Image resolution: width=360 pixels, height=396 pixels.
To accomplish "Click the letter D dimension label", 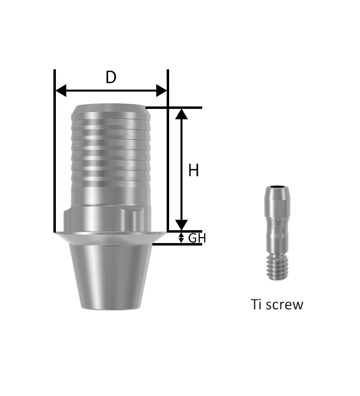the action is coord(111,77).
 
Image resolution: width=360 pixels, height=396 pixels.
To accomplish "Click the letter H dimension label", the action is coord(194,170).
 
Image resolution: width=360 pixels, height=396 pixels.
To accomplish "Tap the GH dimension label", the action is coord(197,238).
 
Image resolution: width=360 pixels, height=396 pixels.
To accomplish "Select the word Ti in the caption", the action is coord(257,304).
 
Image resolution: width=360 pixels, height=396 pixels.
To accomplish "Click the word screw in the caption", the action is coord(284,305).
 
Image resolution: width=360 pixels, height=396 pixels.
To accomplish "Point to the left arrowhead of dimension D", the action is coord(61,91).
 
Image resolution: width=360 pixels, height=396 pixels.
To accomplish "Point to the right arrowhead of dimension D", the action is coord(162,91).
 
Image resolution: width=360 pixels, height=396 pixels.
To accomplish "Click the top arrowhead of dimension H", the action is coord(181,114).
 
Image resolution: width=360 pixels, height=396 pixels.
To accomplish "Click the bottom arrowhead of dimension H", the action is coord(181,225).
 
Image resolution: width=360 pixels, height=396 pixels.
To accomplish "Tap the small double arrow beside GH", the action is coord(181,238).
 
